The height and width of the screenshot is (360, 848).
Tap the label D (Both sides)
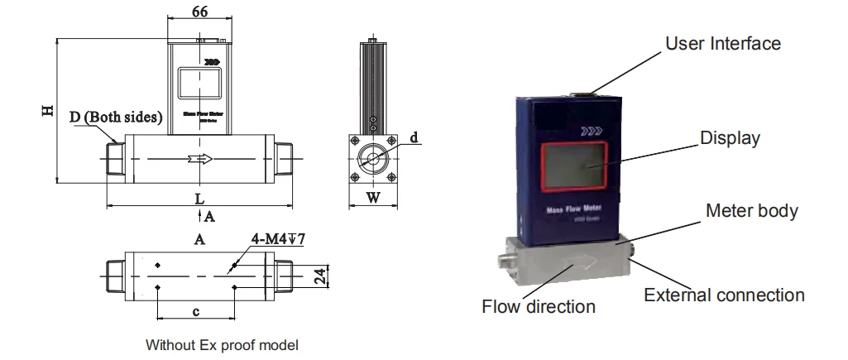(116, 118)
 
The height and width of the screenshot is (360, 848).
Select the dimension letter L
(199, 199)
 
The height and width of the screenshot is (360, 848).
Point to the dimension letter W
(372, 198)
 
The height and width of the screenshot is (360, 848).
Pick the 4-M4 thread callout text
(279, 240)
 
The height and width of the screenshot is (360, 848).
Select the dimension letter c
(195, 311)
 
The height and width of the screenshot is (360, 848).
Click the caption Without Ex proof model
(222, 344)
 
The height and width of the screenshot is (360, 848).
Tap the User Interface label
(722, 43)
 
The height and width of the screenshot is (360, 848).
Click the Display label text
(730, 138)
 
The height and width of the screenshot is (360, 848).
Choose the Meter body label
(751, 211)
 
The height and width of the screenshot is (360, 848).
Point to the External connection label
(724, 295)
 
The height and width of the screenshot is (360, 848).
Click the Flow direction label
(539, 306)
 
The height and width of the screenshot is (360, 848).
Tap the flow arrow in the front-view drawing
(200, 159)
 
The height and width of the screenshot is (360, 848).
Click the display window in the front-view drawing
(201, 88)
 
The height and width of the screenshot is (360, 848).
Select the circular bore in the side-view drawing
(372, 159)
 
